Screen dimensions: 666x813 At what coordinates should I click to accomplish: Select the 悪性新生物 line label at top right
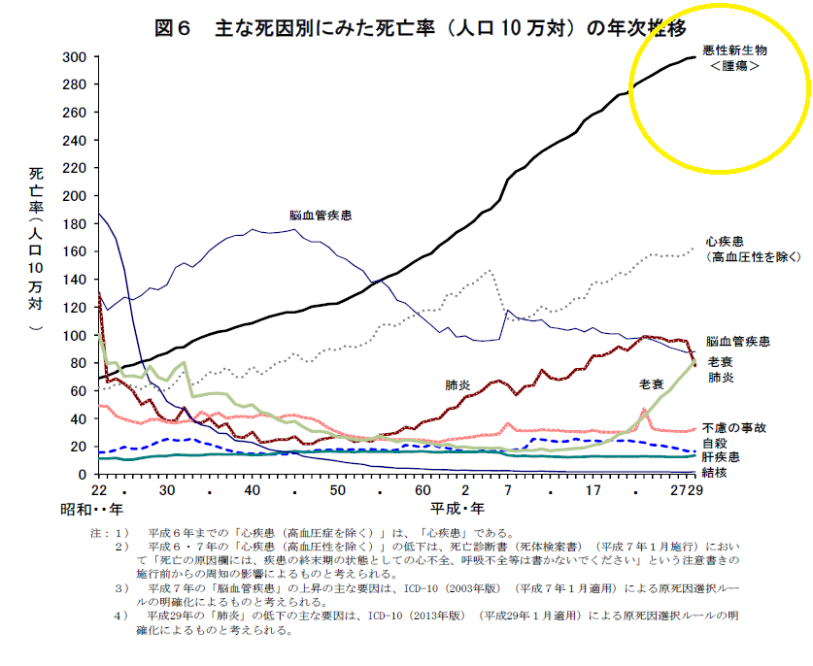[x=734, y=50]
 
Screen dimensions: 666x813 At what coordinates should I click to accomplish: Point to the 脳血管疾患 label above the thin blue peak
[x=320, y=215]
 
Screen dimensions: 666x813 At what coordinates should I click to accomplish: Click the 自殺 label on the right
[x=715, y=441]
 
